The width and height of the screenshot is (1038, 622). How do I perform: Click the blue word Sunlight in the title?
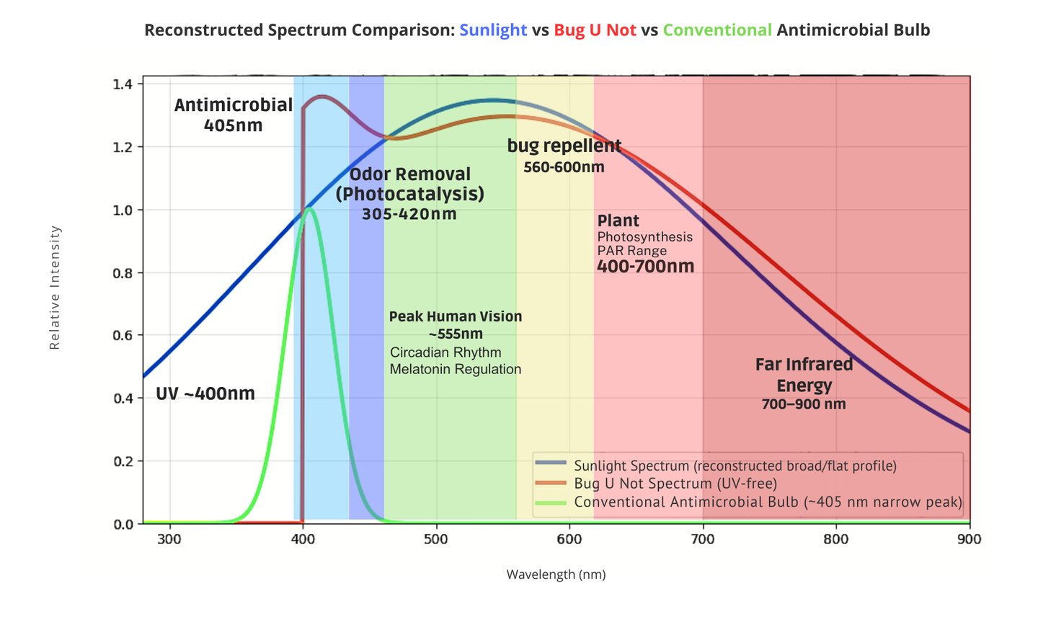pyautogui.click(x=493, y=30)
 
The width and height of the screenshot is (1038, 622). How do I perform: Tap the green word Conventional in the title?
pyautogui.click(x=717, y=30)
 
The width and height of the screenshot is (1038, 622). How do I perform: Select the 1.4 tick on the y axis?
pyautogui.click(x=123, y=84)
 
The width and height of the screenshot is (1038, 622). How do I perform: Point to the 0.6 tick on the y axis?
pyautogui.click(x=123, y=335)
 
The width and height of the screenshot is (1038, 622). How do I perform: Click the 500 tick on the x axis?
pyautogui.click(x=436, y=539)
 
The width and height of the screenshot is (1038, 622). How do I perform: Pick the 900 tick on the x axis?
pyautogui.click(x=970, y=539)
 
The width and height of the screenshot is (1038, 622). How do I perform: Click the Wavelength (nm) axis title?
pyautogui.click(x=556, y=574)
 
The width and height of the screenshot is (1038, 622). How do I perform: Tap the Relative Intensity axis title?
pyautogui.click(x=55, y=288)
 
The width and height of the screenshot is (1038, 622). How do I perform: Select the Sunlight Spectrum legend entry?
pyautogui.click(x=735, y=466)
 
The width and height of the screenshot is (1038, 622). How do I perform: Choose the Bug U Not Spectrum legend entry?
pyautogui.click(x=675, y=484)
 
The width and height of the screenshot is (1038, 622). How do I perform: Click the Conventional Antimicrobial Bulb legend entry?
pyautogui.click(x=767, y=502)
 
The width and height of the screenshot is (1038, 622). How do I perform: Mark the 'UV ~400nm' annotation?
pyautogui.click(x=205, y=394)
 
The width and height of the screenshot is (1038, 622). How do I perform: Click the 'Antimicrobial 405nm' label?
pyautogui.click(x=233, y=115)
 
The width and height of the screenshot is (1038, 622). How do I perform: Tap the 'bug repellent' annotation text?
pyautogui.click(x=564, y=146)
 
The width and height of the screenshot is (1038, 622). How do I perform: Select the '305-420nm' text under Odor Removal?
pyautogui.click(x=409, y=214)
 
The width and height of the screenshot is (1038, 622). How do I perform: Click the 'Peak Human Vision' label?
pyautogui.click(x=455, y=316)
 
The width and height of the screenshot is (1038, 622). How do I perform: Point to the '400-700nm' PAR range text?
pyautogui.click(x=645, y=267)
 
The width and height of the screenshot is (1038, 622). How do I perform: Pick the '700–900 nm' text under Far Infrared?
pyautogui.click(x=804, y=404)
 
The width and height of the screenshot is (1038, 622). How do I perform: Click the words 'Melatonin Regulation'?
pyautogui.click(x=455, y=369)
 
